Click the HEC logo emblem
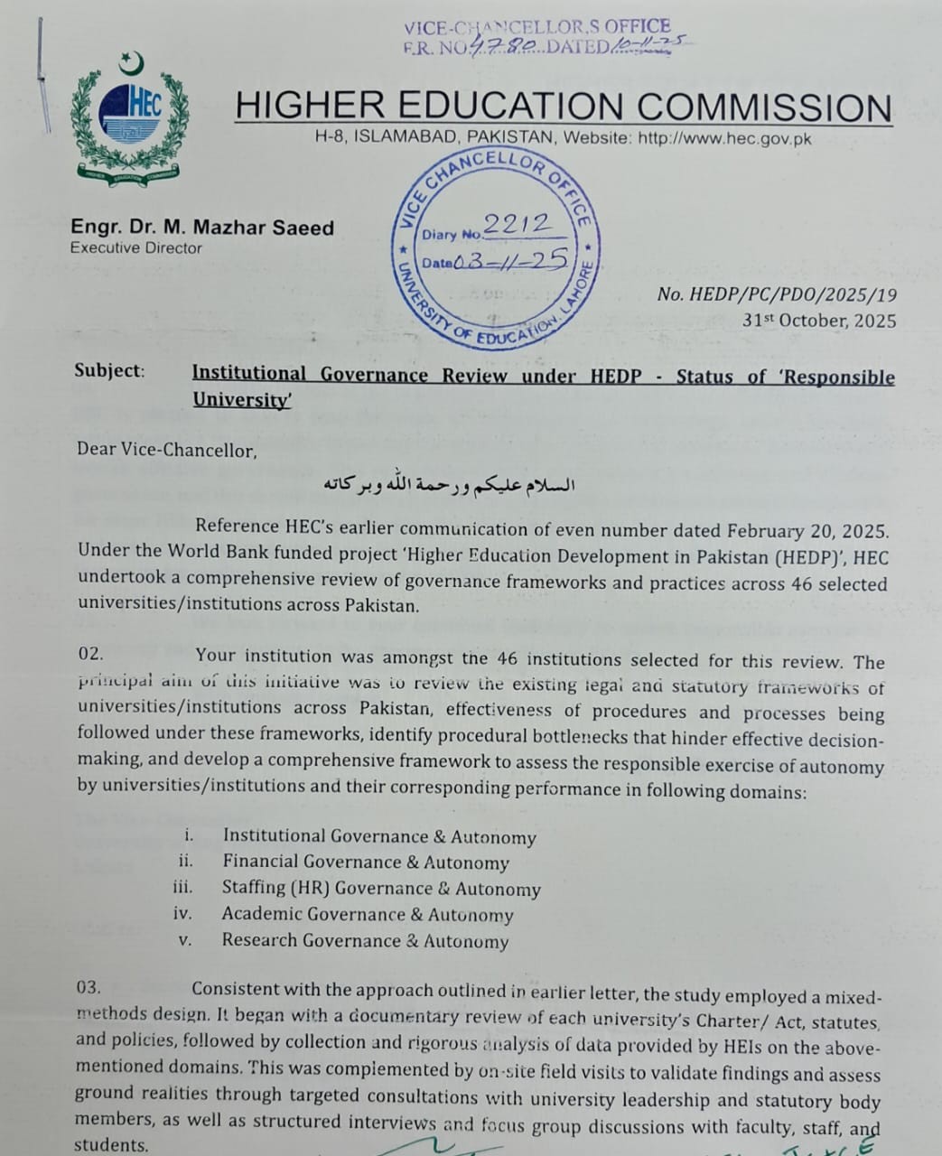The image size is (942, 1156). coord(132,117)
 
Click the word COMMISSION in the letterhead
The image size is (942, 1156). coord(764,107)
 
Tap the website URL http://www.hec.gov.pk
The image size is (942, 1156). coord(724,139)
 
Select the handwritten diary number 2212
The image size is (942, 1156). coord(517,224)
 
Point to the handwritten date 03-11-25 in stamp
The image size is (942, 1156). coord(510,261)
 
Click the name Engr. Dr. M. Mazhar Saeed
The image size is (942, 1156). coord(202,228)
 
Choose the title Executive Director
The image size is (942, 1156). coord(135,247)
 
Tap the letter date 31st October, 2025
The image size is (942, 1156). coord(819,321)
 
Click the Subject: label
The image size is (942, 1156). coord(109,370)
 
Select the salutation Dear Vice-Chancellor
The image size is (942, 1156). coord(167,449)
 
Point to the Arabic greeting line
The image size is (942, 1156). coord(450,484)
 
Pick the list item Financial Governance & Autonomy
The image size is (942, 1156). coord(366,862)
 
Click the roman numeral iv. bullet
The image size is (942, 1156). coord(182,913)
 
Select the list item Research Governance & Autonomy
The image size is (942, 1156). coord(365,940)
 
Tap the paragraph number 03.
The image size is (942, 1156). coord(89,987)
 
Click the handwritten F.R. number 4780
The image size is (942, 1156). coord(507,46)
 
